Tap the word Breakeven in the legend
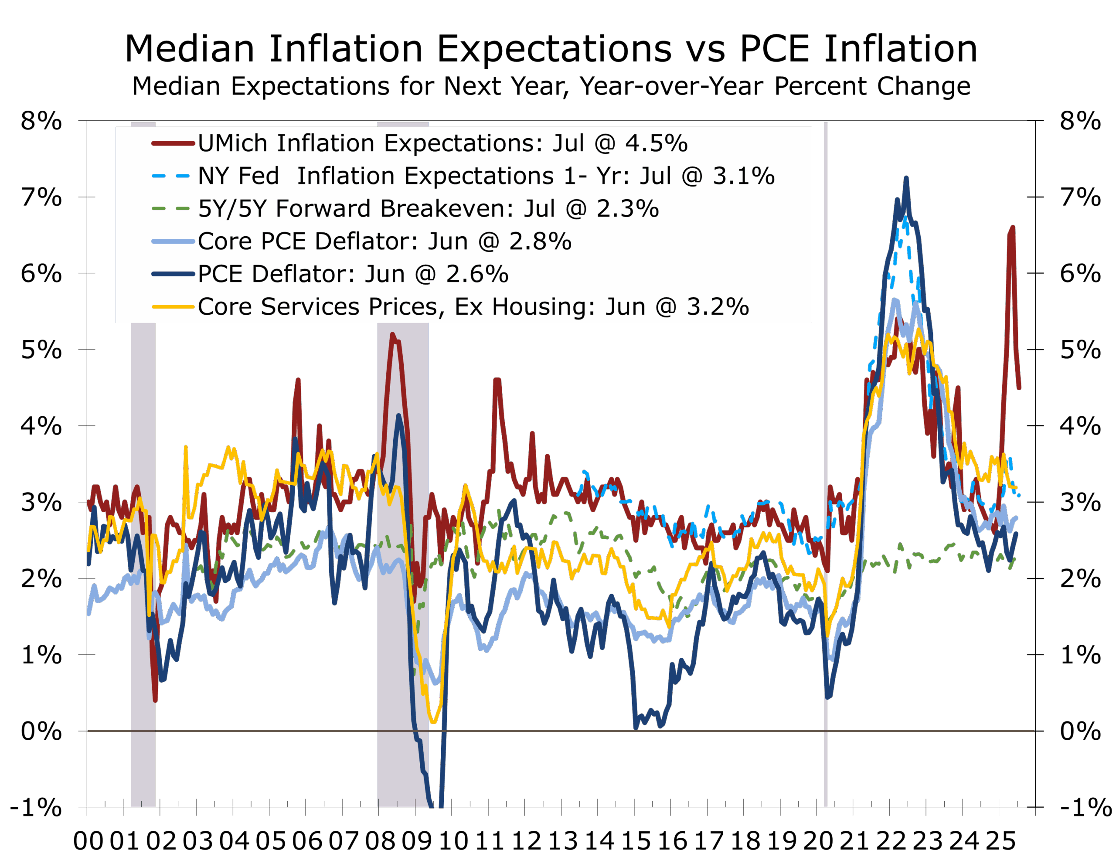tap(447, 209)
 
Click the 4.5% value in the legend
tap(657, 143)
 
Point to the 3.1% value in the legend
tap(744, 176)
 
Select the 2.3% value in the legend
tap(628, 209)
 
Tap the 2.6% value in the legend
tap(477, 274)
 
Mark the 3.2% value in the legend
tap(718, 307)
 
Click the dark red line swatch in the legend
tap(173, 143)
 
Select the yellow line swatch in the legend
tap(173, 307)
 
